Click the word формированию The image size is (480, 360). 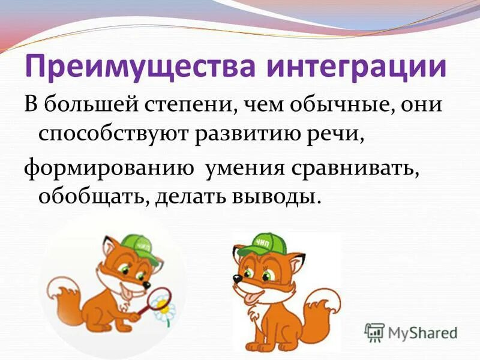point(109,169)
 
